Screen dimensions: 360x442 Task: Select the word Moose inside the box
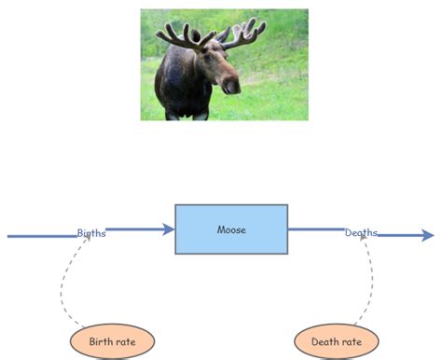(x=231, y=229)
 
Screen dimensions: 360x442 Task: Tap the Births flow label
(x=91, y=233)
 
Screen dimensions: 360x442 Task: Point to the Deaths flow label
(x=361, y=233)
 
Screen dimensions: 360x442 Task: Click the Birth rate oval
(x=112, y=342)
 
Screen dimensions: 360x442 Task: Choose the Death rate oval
(x=336, y=342)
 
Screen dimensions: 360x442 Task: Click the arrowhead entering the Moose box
(x=169, y=228)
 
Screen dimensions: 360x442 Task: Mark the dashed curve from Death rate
(x=371, y=280)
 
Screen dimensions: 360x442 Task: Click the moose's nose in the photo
(x=230, y=86)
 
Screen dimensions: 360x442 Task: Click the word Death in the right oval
(x=325, y=342)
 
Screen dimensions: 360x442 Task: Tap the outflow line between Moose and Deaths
(x=315, y=228)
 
